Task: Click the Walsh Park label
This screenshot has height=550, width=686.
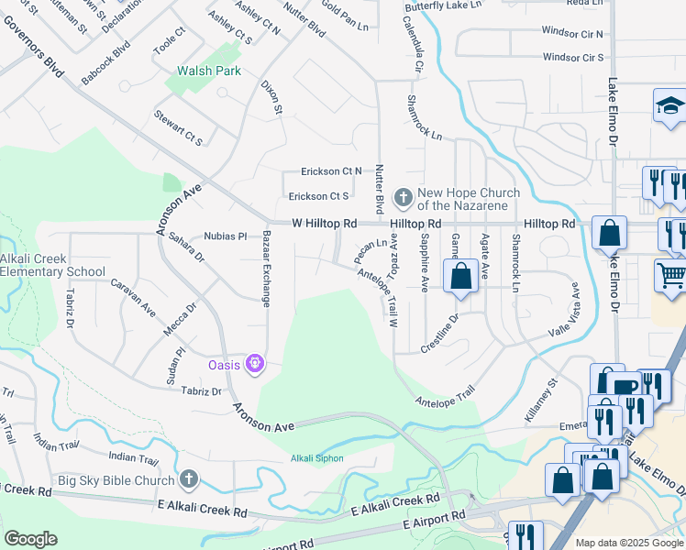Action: click(209, 71)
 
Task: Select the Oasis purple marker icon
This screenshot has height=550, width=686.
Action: click(255, 365)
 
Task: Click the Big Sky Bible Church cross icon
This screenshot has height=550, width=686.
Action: click(188, 479)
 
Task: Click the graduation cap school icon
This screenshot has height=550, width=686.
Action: click(670, 107)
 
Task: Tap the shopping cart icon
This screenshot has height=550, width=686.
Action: click(671, 274)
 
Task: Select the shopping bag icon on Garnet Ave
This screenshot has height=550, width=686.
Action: click(461, 275)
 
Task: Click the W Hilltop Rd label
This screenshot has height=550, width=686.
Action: click(324, 224)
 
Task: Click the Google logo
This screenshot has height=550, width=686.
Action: click(30, 539)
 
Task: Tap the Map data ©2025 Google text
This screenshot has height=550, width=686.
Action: click(628, 543)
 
